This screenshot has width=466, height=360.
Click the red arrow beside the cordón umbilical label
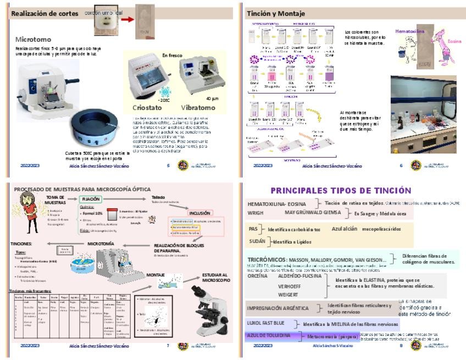coord(128,21)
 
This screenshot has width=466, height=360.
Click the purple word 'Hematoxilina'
coord(410,31)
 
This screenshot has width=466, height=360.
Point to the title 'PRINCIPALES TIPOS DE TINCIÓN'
coord(349,190)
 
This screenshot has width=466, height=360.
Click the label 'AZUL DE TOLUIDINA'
coord(268,335)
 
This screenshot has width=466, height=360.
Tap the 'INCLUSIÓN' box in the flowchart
coord(199,213)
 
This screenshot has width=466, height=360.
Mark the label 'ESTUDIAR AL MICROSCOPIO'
coord(215,278)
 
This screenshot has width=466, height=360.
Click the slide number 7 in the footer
coord(168,346)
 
